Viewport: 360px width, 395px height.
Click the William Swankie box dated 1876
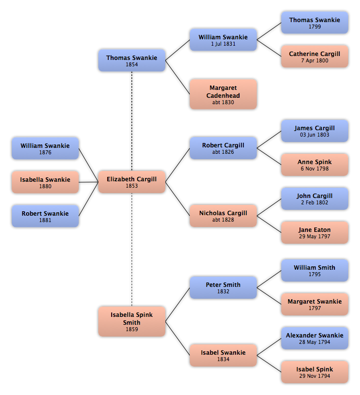pyautogui.click(x=45, y=148)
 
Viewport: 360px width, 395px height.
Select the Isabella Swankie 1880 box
pyautogui.click(x=45, y=182)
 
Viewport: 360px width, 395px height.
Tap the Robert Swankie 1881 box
pyautogui.click(x=45, y=216)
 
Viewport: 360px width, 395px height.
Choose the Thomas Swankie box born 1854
pyautogui.click(x=132, y=60)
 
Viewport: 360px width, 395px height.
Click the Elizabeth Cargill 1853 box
pyautogui.click(x=132, y=182)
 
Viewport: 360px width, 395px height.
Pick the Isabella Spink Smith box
pyautogui.click(x=132, y=321)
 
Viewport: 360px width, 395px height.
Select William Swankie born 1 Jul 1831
pyautogui.click(x=223, y=40)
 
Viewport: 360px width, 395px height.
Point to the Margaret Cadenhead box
pyautogui.click(x=223, y=94)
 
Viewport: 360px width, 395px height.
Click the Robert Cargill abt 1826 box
pyautogui.click(x=223, y=148)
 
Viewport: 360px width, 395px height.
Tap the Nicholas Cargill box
pyautogui.click(x=223, y=216)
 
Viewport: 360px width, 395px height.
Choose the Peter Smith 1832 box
pyautogui.click(x=223, y=287)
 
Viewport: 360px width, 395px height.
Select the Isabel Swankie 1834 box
pyautogui.click(x=223, y=355)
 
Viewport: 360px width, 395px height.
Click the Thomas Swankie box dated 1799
pyautogui.click(x=315, y=23)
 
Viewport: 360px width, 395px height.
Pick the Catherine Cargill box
pyautogui.click(x=315, y=56)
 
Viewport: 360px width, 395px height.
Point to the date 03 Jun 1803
pyautogui.click(x=315, y=135)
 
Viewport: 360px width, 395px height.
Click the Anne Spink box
pyautogui.click(x=315, y=165)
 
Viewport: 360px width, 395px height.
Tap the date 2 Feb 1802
pyautogui.click(x=315, y=203)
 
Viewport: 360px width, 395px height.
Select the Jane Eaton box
pyautogui.click(x=315, y=232)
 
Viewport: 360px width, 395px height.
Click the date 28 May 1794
pyautogui.click(x=315, y=342)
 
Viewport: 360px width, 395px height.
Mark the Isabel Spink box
pyautogui.click(x=315, y=372)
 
